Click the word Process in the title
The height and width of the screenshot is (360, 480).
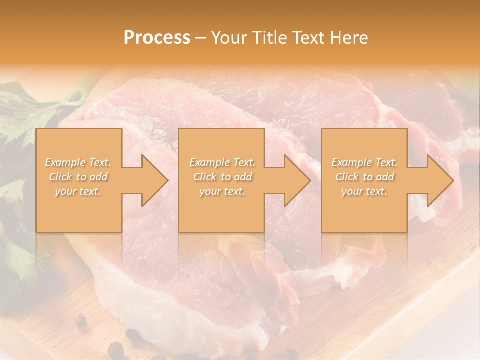tap(157, 38)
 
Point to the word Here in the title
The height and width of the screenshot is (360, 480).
tap(350, 38)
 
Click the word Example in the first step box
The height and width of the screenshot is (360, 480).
tap(64, 162)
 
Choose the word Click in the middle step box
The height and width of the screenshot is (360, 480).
tap(205, 177)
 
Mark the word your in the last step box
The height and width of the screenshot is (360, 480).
tap(352, 191)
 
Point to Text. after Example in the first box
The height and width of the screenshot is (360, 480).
tap(99, 162)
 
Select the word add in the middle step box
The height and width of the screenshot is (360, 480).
tap(243, 177)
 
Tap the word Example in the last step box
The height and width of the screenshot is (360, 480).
tap(351, 162)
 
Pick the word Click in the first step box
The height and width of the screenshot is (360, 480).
tap(61, 177)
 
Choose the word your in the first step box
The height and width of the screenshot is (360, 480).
tap(65, 191)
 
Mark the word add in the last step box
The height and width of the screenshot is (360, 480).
tap(385, 177)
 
